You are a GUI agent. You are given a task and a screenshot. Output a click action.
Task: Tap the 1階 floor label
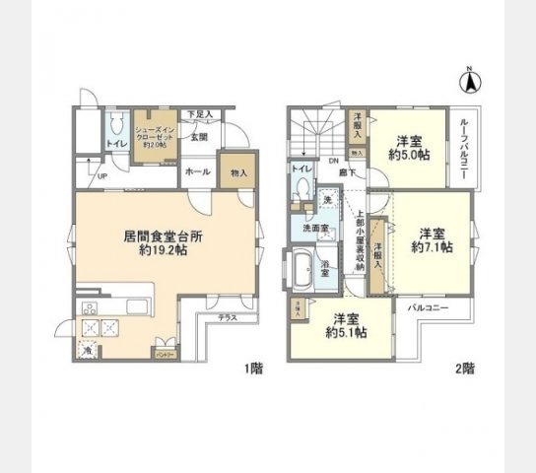pyautogui.click(x=254, y=370)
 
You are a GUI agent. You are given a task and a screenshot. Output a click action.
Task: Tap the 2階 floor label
pyautogui.click(x=465, y=370)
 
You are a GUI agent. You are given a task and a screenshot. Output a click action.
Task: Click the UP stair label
pyautogui.click(x=102, y=176)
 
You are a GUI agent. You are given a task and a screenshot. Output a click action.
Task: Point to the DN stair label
pyautogui.click(x=334, y=161)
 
